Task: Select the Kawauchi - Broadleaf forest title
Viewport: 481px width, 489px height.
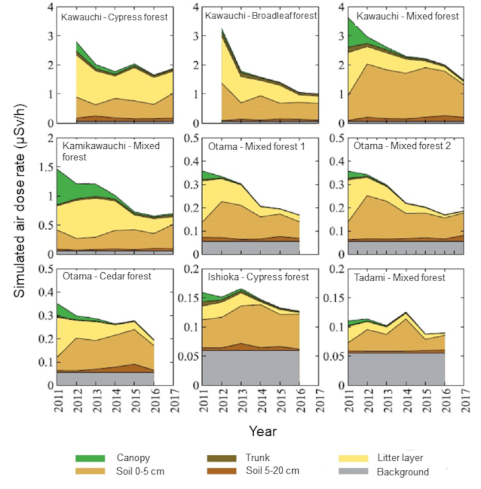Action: tap(260, 16)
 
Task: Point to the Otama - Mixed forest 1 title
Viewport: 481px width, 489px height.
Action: tap(254, 146)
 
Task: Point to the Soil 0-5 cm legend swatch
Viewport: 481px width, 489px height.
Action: tap(90, 472)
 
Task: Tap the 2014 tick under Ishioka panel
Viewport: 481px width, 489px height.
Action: tap(262, 401)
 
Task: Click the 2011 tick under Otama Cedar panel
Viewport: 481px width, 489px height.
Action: tap(58, 401)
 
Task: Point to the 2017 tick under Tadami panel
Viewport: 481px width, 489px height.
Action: tap(465, 401)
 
